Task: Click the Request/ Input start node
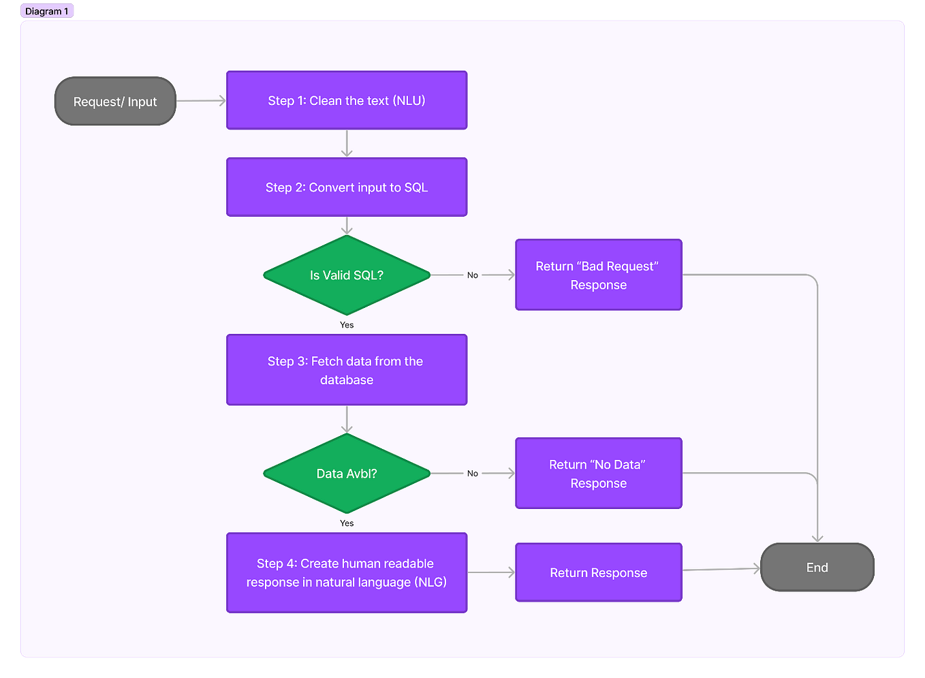[x=115, y=102]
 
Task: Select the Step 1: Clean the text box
[x=347, y=101]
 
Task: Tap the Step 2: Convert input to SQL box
[x=347, y=187]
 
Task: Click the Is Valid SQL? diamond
[x=347, y=275]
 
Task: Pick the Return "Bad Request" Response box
[x=598, y=275]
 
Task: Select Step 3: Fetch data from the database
[x=347, y=370]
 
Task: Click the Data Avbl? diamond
[x=347, y=474]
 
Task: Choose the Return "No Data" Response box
[x=598, y=474]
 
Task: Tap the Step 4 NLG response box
[x=347, y=572]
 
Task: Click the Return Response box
[x=598, y=572]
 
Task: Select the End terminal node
[x=817, y=567]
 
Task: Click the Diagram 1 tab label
[x=46, y=11]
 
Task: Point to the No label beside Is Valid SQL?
[x=473, y=275]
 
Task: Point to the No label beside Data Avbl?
[x=473, y=474]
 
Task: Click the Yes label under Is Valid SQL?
[x=347, y=325]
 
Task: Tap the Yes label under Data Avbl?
[x=347, y=523]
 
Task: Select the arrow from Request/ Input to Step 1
[x=201, y=101]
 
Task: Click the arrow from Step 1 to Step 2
[x=347, y=143]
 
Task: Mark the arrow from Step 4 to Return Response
[x=491, y=572]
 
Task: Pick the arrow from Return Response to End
[x=721, y=569]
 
